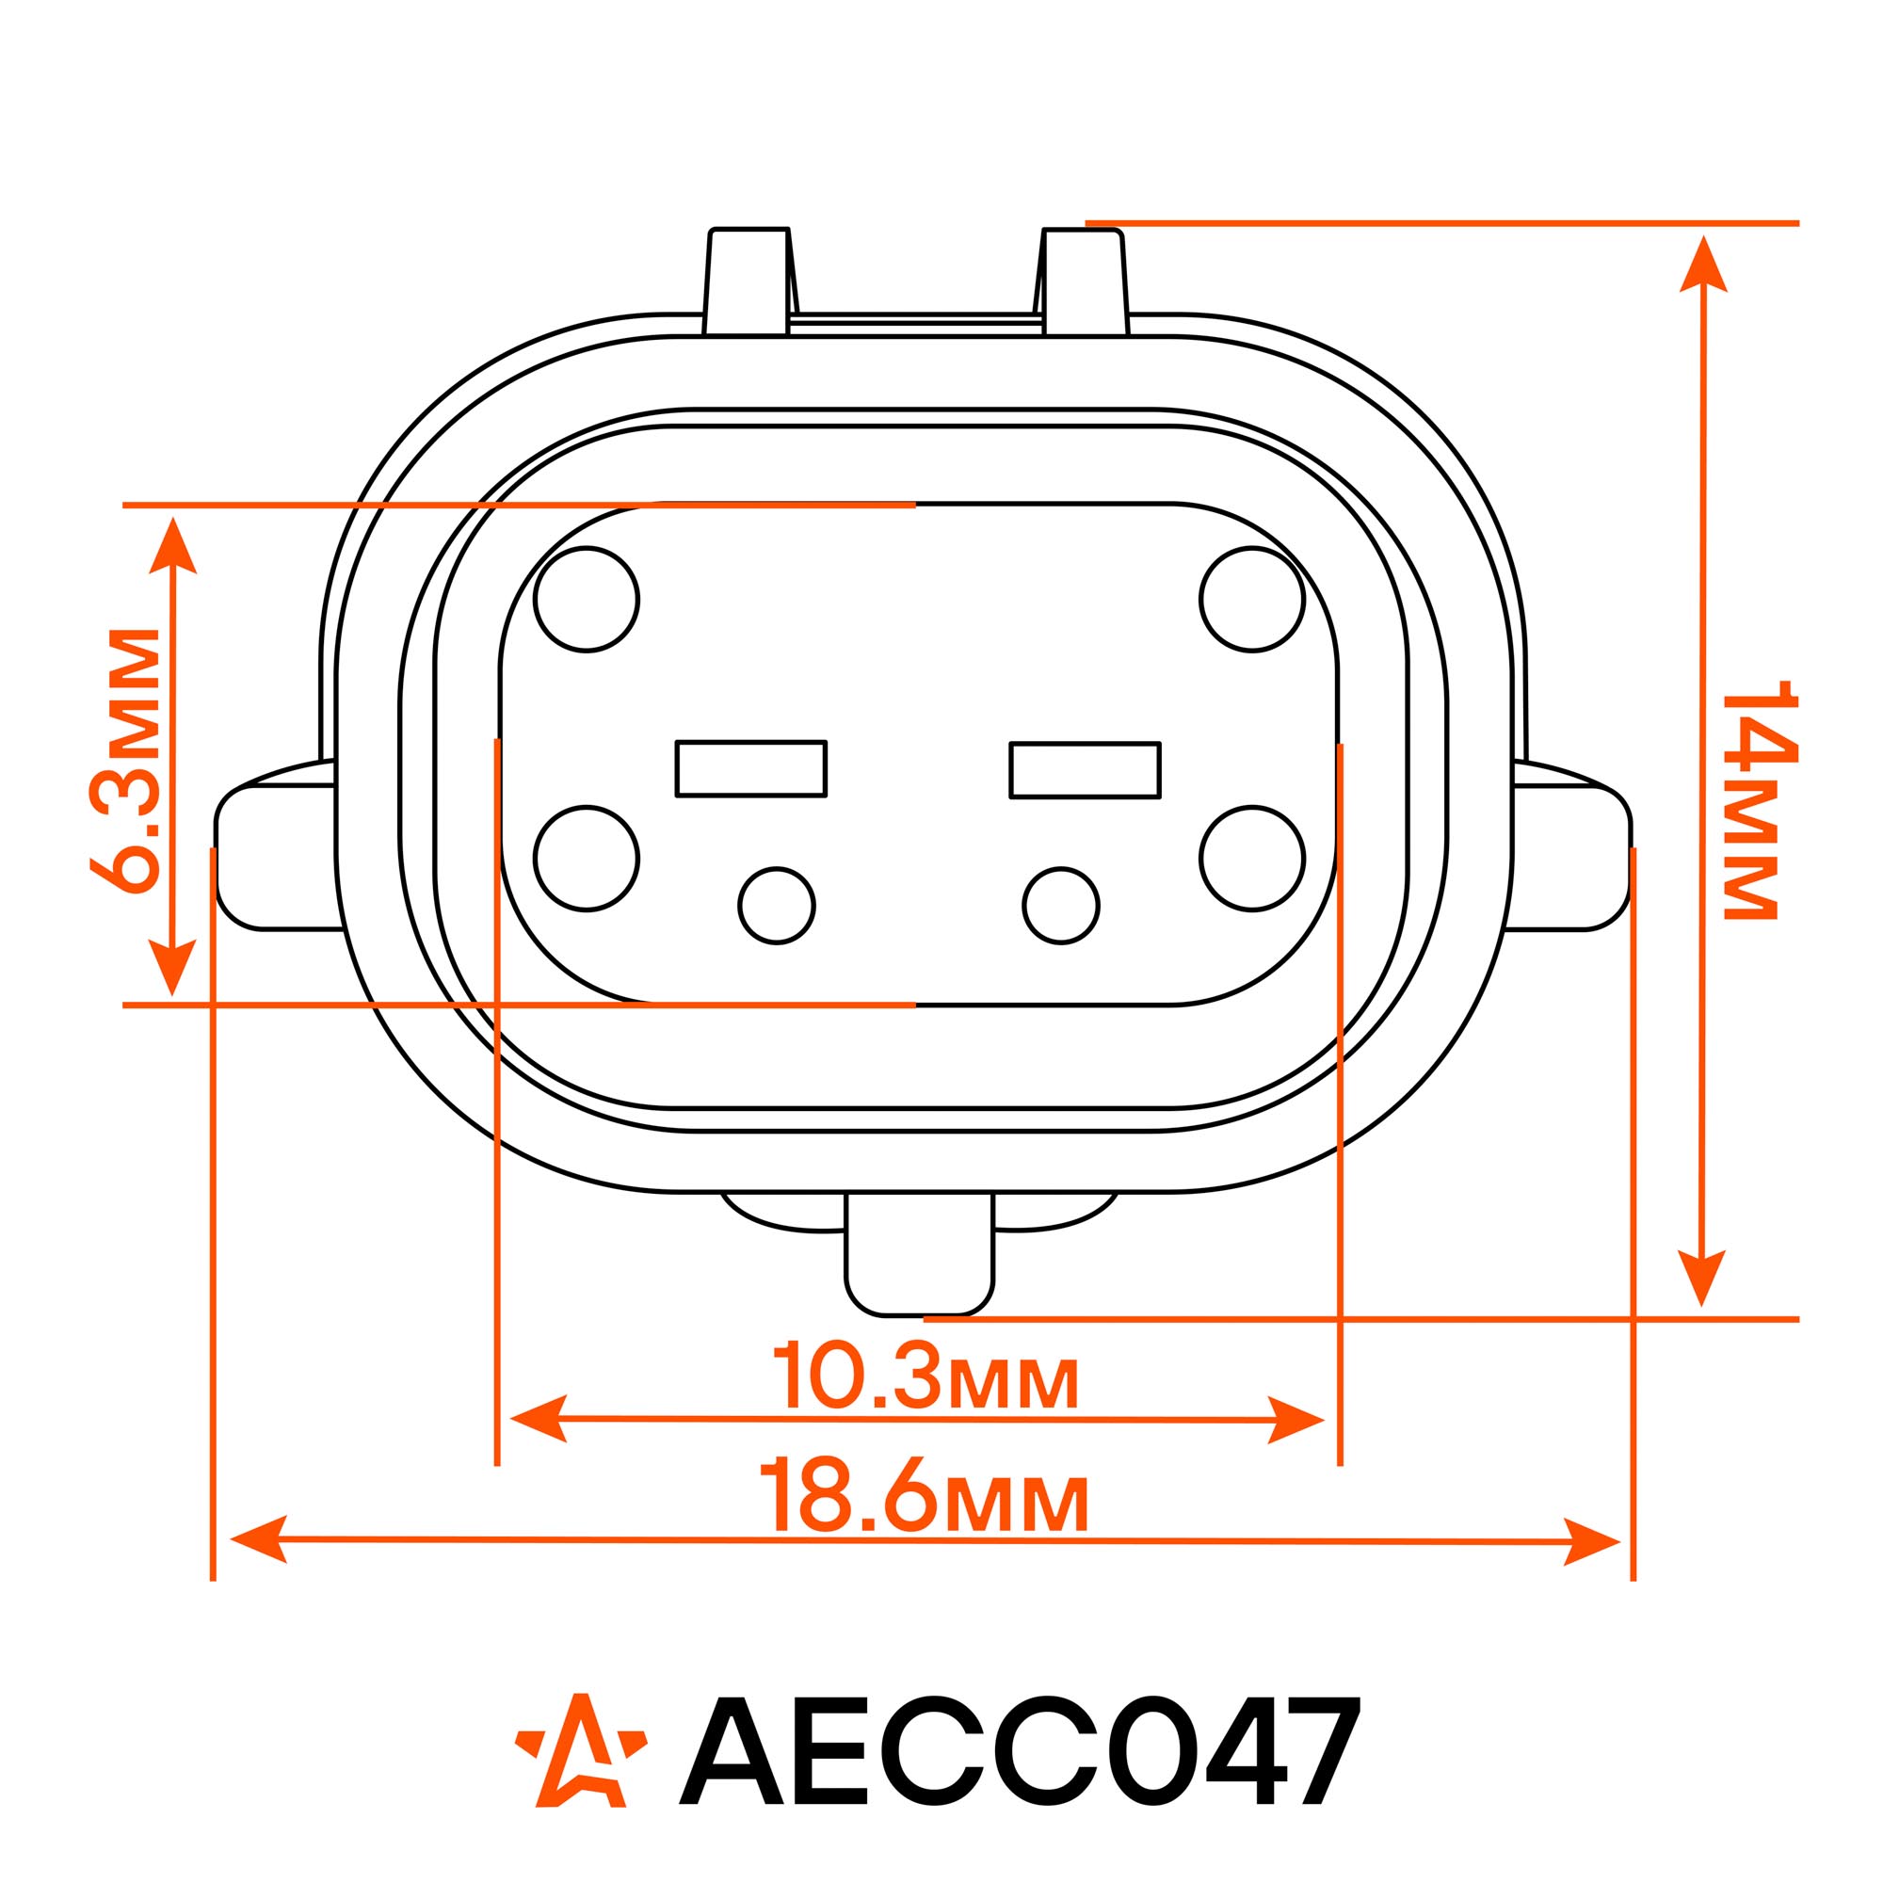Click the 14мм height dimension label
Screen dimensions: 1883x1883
coord(1761,799)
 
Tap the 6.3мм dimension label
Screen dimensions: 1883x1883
coord(123,760)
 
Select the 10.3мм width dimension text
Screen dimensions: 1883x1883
coord(925,1376)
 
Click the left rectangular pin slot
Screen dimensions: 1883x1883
coord(750,768)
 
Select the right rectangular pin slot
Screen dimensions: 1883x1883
coord(1085,770)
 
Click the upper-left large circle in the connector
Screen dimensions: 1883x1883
coord(587,599)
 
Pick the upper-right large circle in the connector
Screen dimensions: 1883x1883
coord(1252,599)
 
